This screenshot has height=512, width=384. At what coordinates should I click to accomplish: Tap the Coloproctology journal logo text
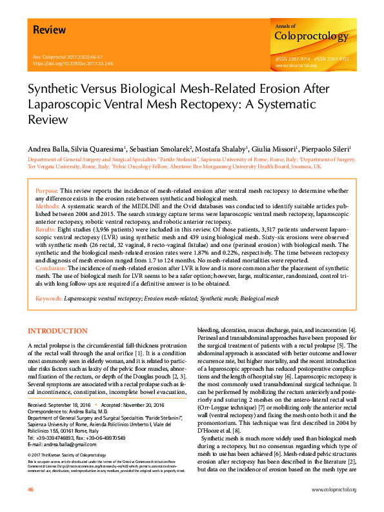coord(311,36)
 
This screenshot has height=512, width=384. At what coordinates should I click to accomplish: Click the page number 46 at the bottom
coord(30,490)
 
